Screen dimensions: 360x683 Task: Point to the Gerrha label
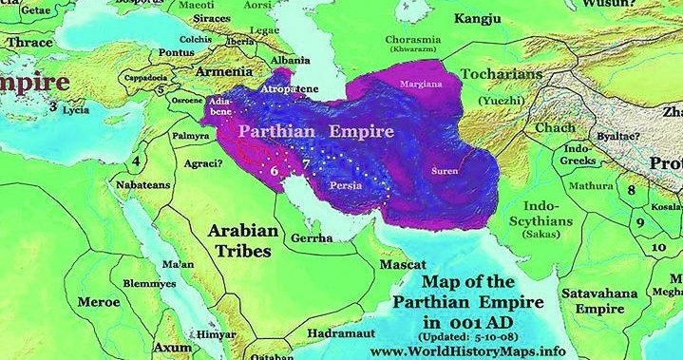313,237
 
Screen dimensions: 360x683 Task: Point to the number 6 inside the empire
275,171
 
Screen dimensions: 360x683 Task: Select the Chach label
554,127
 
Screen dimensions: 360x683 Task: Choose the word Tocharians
501,73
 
